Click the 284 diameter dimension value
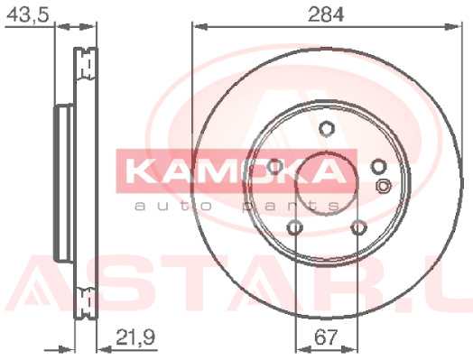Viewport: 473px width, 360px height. click(326, 14)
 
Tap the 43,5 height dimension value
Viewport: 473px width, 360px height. click(27, 14)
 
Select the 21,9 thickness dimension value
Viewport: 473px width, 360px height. click(135, 337)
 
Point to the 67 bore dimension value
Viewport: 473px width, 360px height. click(326, 337)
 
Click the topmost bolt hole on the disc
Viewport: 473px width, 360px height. click(327, 129)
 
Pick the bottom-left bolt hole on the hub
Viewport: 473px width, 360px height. click(295, 227)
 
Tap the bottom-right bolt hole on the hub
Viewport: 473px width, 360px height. click(359, 227)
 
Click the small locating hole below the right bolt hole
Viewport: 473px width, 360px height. click(383, 186)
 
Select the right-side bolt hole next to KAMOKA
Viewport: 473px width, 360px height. click(378, 167)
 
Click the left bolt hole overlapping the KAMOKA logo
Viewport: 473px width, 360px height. click(274, 167)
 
